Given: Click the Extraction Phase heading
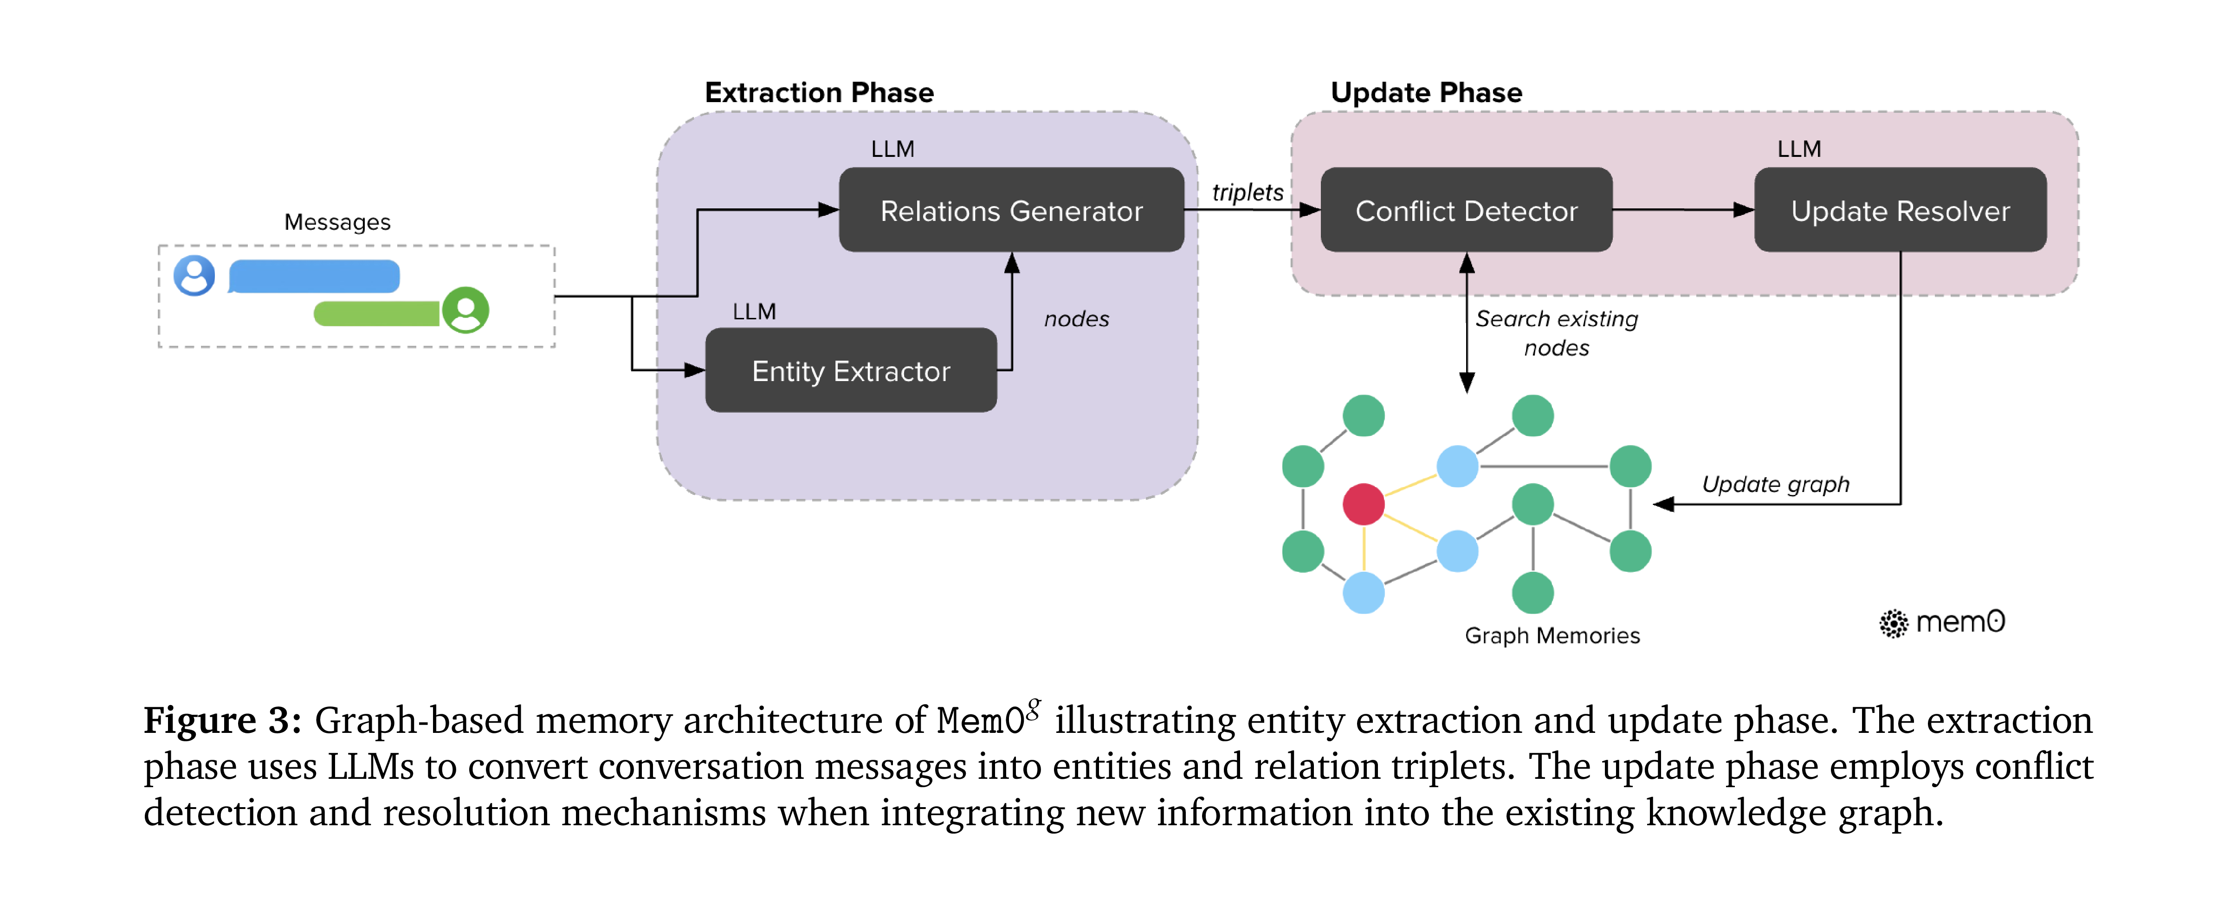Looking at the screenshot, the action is click(819, 92).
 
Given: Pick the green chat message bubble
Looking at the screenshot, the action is click(377, 314).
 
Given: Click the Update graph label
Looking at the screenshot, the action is click(1775, 484).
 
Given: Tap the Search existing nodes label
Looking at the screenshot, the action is click(1556, 333).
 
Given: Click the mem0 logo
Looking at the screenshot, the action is click(1942, 622).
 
